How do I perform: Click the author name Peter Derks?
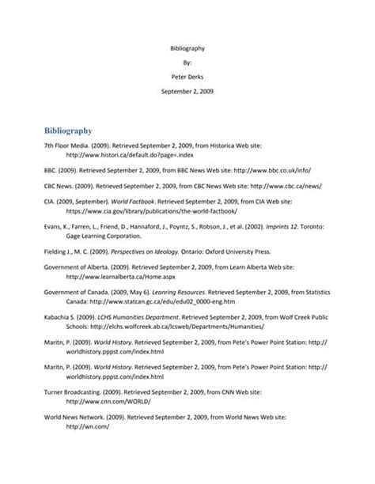pyautogui.click(x=187, y=77)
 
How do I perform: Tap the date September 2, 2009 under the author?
pyautogui.click(x=187, y=91)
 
